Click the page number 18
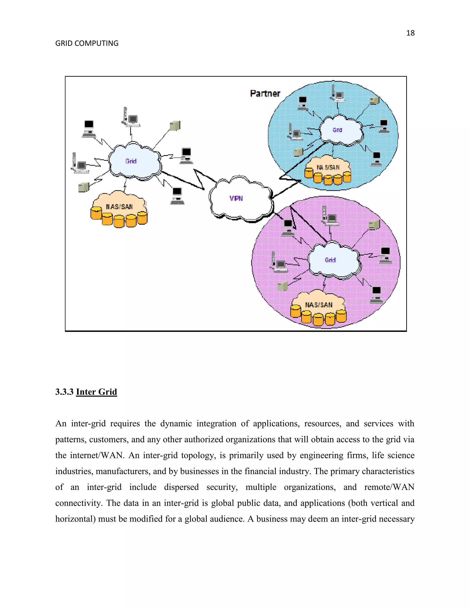(x=410, y=33)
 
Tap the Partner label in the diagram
(x=265, y=94)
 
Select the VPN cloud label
(x=236, y=198)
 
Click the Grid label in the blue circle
(x=337, y=130)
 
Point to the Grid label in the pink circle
(x=330, y=260)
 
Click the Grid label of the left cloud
(x=131, y=161)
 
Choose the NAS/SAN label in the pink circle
(x=319, y=305)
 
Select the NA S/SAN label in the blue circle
(x=328, y=167)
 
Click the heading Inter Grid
(x=96, y=392)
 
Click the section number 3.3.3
(x=64, y=392)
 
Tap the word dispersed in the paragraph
(x=181, y=487)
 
